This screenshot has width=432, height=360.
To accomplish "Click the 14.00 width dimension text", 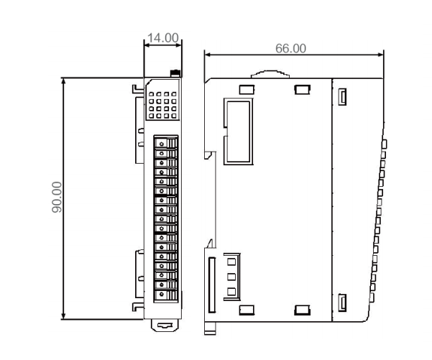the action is (163, 38).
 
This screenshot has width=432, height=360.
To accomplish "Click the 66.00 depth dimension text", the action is (290, 48).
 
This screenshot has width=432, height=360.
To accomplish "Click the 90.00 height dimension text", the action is (57, 197).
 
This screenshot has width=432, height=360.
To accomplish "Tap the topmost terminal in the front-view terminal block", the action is (165, 143).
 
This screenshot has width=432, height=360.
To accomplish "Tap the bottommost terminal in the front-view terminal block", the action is (165, 295).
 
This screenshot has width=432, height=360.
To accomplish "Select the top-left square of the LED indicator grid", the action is (151, 94).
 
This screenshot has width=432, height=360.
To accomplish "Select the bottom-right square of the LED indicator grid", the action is (174, 116).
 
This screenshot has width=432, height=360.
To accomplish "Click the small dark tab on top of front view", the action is (175, 73).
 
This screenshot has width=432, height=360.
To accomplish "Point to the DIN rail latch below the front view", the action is (165, 326).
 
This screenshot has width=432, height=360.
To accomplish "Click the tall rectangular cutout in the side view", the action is (239, 131).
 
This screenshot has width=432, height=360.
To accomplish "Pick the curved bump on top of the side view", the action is (270, 74).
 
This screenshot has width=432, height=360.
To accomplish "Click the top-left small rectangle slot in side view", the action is (247, 90).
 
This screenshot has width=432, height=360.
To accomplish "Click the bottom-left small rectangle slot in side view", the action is (247, 310).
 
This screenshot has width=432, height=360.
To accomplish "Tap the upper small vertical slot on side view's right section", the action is (342, 97).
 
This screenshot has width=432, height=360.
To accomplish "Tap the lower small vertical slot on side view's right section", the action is (342, 303).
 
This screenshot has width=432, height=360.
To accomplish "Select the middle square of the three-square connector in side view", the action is (231, 277).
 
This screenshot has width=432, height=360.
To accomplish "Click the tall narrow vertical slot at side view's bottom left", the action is (212, 285).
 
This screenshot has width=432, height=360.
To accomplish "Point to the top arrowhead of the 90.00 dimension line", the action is (64, 81).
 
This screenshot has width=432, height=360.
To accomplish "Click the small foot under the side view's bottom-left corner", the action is (210, 328).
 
